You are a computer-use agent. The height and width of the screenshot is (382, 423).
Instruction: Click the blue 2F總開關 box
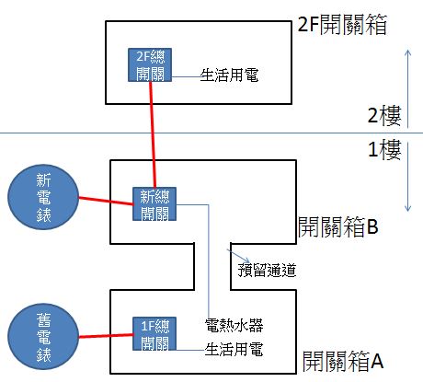pyautogui.click(x=150, y=64)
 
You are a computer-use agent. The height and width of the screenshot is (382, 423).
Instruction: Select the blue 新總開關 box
pyautogui.click(x=154, y=203)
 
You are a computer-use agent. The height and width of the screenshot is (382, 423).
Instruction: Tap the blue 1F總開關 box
pyautogui.click(x=154, y=334)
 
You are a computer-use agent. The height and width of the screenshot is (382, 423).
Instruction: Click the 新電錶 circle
pyautogui.click(x=43, y=197)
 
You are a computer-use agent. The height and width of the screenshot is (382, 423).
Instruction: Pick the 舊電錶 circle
pyautogui.click(x=43, y=337)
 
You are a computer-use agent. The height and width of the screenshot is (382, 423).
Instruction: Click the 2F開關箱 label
pyautogui.click(x=342, y=24)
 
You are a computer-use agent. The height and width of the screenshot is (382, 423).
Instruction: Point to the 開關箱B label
pyautogui.click(x=338, y=226)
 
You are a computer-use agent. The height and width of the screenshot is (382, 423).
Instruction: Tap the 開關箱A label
pyautogui.click(x=343, y=361)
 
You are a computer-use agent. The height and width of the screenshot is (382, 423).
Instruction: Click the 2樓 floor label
pyautogui.click(x=384, y=115)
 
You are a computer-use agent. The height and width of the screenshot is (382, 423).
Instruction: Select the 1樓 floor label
pyautogui.click(x=384, y=150)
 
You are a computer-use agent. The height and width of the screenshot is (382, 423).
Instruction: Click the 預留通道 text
pyautogui.click(x=267, y=270)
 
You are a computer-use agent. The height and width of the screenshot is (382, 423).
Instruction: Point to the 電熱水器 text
pyautogui.click(x=234, y=326)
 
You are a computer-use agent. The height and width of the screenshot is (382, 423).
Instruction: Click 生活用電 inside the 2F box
pyautogui.click(x=229, y=75)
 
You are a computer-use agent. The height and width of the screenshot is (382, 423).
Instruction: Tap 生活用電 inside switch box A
pyautogui.click(x=234, y=349)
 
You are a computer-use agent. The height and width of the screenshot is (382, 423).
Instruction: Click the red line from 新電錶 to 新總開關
pyautogui.click(x=106, y=201)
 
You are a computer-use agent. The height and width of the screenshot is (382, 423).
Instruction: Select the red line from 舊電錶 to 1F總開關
pyautogui.click(x=106, y=336)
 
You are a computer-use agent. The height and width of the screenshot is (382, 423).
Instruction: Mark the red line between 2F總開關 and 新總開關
pyautogui.click(x=153, y=134)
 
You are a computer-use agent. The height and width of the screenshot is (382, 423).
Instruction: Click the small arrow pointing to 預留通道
pyautogui.click(x=238, y=256)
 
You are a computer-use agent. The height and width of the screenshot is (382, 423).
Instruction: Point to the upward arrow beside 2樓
pyautogui.click(x=407, y=88)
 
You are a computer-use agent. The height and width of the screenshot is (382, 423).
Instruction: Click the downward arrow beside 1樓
pyautogui.click(x=407, y=177)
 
